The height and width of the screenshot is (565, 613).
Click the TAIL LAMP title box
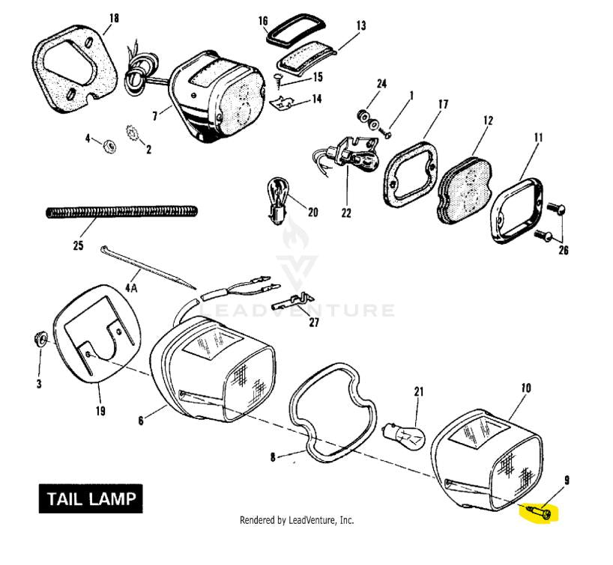tap(90, 500)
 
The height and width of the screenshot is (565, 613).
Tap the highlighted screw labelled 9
tap(541, 513)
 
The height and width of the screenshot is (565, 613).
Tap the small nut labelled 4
tap(107, 141)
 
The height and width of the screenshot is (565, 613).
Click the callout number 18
tap(114, 17)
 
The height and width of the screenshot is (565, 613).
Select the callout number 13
tap(361, 26)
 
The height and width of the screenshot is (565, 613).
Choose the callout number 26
tap(564, 250)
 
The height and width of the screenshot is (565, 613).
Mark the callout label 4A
tap(132, 287)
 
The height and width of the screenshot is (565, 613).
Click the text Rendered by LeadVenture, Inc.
tap(296, 520)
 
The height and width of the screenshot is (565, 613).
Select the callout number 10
tap(525, 388)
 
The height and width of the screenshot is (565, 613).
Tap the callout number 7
tap(155, 117)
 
